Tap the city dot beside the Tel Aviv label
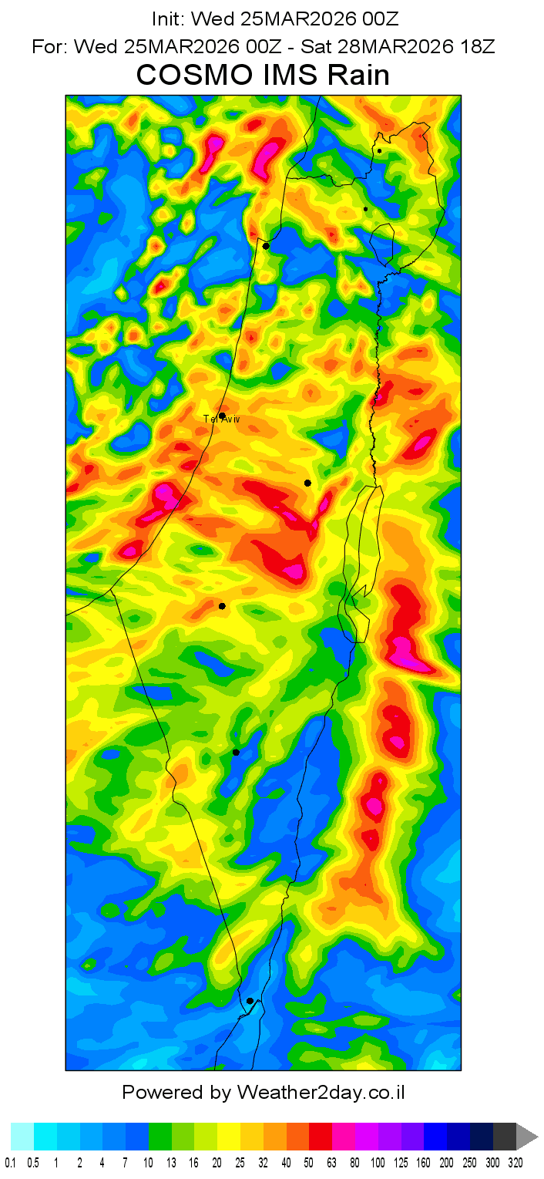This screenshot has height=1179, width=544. click(x=222, y=416)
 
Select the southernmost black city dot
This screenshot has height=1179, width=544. click(x=250, y=1001)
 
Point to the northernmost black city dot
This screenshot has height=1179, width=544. click(x=379, y=151)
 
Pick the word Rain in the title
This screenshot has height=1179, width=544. click(x=360, y=76)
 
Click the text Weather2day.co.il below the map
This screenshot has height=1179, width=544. click(x=321, y=1093)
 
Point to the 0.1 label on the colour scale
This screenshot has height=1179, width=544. click(x=10, y=1163)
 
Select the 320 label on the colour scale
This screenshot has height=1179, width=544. click(x=515, y=1163)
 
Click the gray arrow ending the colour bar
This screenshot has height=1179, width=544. click(x=526, y=1137)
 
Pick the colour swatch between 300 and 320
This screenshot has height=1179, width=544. click(x=505, y=1137)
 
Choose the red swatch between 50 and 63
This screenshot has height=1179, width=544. click(x=321, y=1137)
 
